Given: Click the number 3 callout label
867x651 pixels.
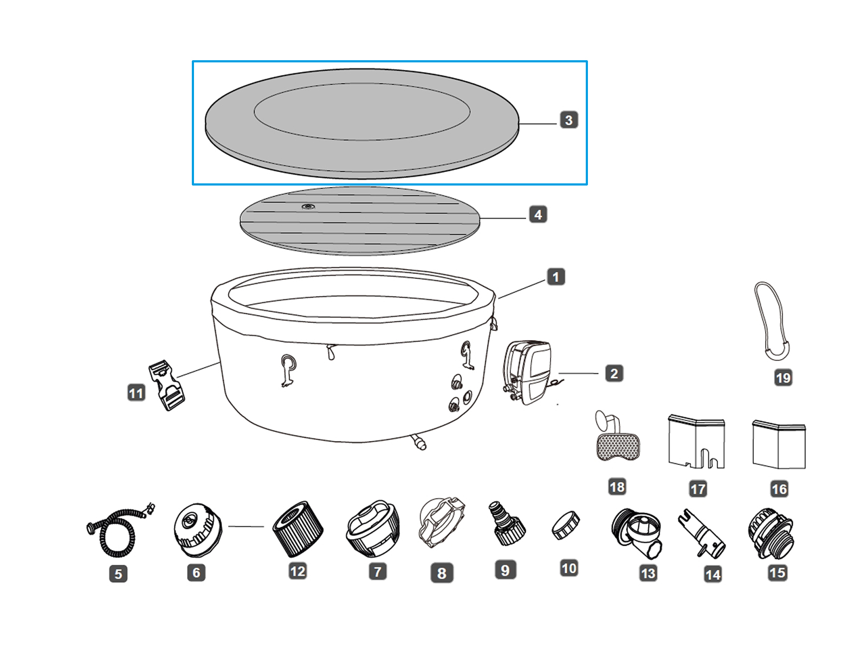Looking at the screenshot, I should pyautogui.click(x=568, y=120).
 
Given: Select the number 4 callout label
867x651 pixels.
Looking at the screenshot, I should pyautogui.click(x=538, y=215).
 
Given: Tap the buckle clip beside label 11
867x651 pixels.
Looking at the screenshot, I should pyautogui.click(x=166, y=386).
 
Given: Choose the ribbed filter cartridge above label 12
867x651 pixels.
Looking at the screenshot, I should pyautogui.click(x=297, y=529).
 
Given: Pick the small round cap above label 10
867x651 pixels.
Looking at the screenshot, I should pyautogui.click(x=566, y=525).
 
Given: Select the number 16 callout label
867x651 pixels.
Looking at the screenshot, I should pyautogui.click(x=779, y=489).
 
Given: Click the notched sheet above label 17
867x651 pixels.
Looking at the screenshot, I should pyautogui.click(x=696, y=442).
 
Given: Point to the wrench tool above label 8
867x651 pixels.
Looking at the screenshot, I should pyautogui.click(x=442, y=522).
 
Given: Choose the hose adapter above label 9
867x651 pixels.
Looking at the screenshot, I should pyautogui.click(x=507, y=524).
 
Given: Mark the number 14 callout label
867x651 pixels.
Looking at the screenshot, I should pyautogui.click(x=713, y=575).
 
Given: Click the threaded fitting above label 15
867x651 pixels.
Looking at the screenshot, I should pyautogui.click(x=770, y=534).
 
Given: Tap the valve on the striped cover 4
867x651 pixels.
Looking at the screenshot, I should pyautogui.click(x=308, y=207).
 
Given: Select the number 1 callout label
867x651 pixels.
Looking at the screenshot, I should pyautogui.click(x=556, y=277).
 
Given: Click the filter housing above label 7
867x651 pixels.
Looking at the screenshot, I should pyautogui.click(x=373, y=529).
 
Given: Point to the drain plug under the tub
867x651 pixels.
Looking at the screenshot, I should pyautogui.click(x=419, y=442).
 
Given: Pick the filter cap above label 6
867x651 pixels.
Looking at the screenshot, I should pyautogui.click(x=198, y=529).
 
